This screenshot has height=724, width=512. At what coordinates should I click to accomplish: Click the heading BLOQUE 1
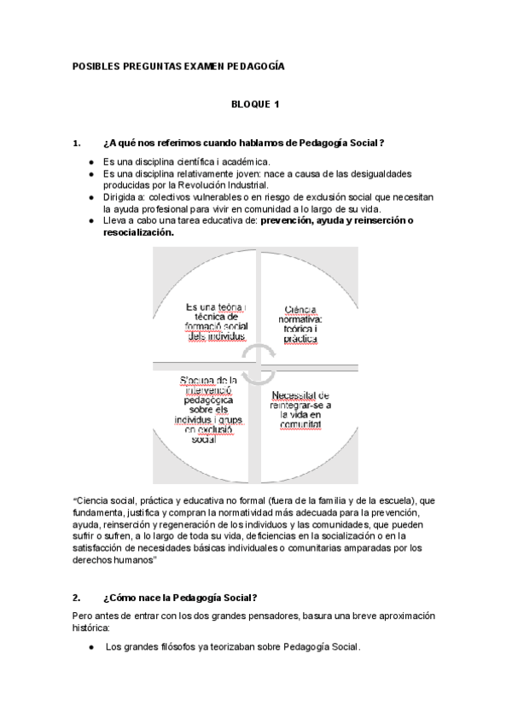[x=255, y=104]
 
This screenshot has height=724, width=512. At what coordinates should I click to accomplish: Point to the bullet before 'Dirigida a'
[x=91, y=196]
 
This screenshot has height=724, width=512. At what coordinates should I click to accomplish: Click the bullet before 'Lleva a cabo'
[x=91, y=220]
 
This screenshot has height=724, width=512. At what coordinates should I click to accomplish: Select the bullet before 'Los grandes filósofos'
[x=91, y=647]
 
